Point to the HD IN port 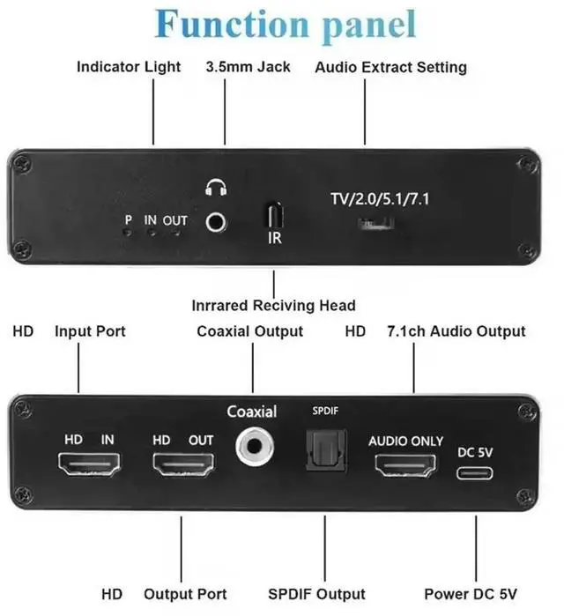(x=89, y=464)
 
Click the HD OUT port (x=183, y=464)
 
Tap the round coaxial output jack (x=253, y=446)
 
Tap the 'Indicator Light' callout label (x=129, y=67)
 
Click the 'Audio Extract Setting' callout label (x=390, y=67)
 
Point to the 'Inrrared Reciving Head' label (x=273, y=306)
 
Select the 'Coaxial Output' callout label (x=249, y=331)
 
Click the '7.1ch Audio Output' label (x=456, y=331)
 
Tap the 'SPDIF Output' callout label (x=321, y=594)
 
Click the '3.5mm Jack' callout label (x=248, y=67)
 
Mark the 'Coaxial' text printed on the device (x=251, y=412)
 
